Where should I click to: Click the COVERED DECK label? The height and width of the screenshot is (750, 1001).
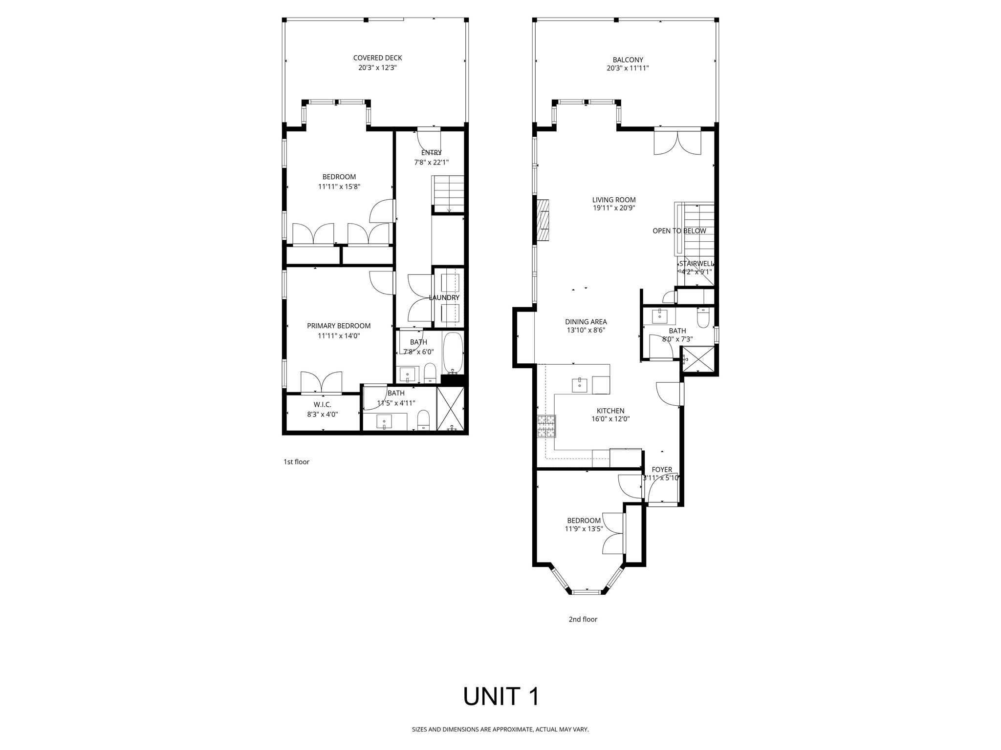377,58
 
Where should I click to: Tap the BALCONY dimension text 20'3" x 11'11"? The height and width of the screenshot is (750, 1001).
628,68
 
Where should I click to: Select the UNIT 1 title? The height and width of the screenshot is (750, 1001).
500,696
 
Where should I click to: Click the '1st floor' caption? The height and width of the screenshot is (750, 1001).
296,462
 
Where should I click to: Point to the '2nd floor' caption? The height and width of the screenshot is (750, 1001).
583,619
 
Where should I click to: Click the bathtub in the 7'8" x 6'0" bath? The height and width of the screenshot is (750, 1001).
453,353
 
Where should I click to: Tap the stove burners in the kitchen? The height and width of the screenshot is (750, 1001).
546,426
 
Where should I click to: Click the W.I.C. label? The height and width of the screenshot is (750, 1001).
322,405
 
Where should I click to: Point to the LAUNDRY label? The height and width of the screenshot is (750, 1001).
444,297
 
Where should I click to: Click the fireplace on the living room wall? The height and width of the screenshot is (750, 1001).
543,220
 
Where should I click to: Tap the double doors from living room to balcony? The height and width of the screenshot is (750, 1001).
677,143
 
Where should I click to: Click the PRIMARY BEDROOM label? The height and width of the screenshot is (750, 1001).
338,326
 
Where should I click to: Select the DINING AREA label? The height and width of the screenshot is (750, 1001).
586,322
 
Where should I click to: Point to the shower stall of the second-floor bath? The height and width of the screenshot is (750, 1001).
698,360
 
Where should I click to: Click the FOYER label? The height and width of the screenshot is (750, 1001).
661,470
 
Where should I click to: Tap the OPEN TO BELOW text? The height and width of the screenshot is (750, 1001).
679,231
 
